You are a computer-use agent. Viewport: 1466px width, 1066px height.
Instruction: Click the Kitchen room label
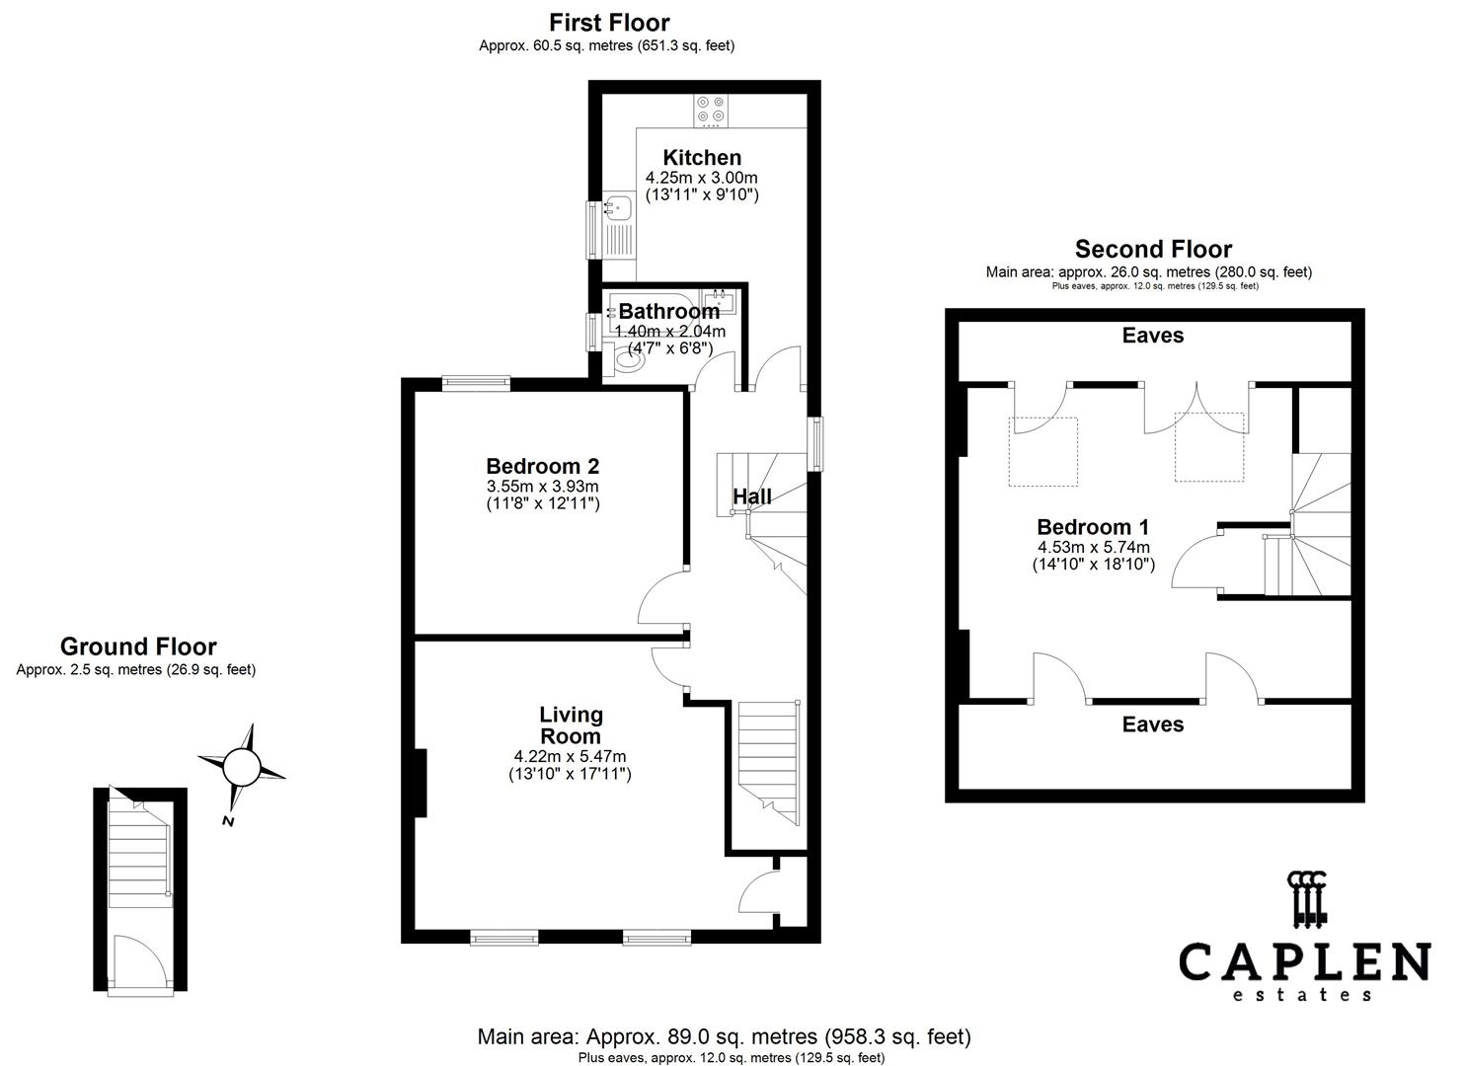(x=701, y=158)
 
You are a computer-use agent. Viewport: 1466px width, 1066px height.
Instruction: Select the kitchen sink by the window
(x=618, y=209)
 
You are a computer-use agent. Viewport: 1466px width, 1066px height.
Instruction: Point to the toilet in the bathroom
(x=628, y=364)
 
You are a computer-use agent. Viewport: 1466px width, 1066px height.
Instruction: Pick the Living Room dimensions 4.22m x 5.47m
(x=570, y=756)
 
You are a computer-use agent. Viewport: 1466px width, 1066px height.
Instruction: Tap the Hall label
(x=752, y=496)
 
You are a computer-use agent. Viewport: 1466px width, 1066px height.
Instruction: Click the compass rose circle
(x=240, y=766)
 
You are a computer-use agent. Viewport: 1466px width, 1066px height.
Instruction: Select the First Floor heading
(x=609, y=23)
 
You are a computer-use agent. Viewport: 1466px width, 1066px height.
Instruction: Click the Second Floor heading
(x=1153, y=249)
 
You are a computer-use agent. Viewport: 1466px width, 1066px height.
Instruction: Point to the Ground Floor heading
(x=138, y=647)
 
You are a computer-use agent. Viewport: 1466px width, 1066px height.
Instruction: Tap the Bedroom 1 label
(x=1093, y=527)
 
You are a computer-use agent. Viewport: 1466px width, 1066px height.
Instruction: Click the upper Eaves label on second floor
(x=1152, y=336)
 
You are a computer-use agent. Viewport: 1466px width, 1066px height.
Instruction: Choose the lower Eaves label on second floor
(x=1152, y=724)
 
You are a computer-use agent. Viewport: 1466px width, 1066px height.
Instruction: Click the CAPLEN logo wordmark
(x=1304, y=961)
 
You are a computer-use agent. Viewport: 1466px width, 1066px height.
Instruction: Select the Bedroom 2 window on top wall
(x=476, y=383)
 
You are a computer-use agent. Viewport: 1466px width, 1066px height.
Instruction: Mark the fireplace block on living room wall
(x=420, y=783)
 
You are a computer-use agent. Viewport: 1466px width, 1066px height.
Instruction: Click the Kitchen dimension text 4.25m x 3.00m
(x=701, y=178)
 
